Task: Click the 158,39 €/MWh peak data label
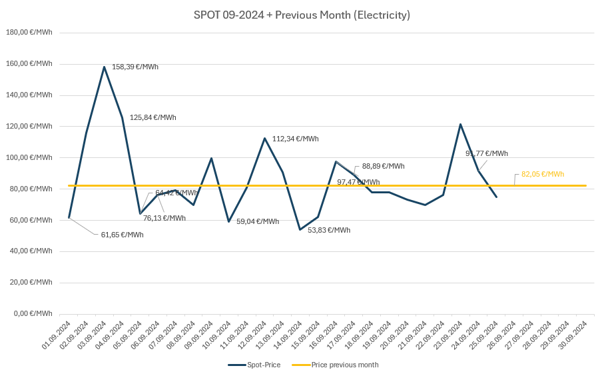point(135,67)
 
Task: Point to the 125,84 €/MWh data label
point(152,117)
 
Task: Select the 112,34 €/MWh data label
point(295,139)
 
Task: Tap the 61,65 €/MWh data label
point(122,235)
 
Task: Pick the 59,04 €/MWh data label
point(258,221)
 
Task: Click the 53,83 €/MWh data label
point(328,230)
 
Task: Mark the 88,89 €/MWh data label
point(383,166)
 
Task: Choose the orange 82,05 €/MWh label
point(542,174)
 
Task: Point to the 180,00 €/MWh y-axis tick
point(29,32)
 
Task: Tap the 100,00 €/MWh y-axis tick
point(29,157)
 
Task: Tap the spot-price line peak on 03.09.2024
point(105,67)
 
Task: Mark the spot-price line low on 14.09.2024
point(300,229)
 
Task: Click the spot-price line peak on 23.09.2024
point(460,124)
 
